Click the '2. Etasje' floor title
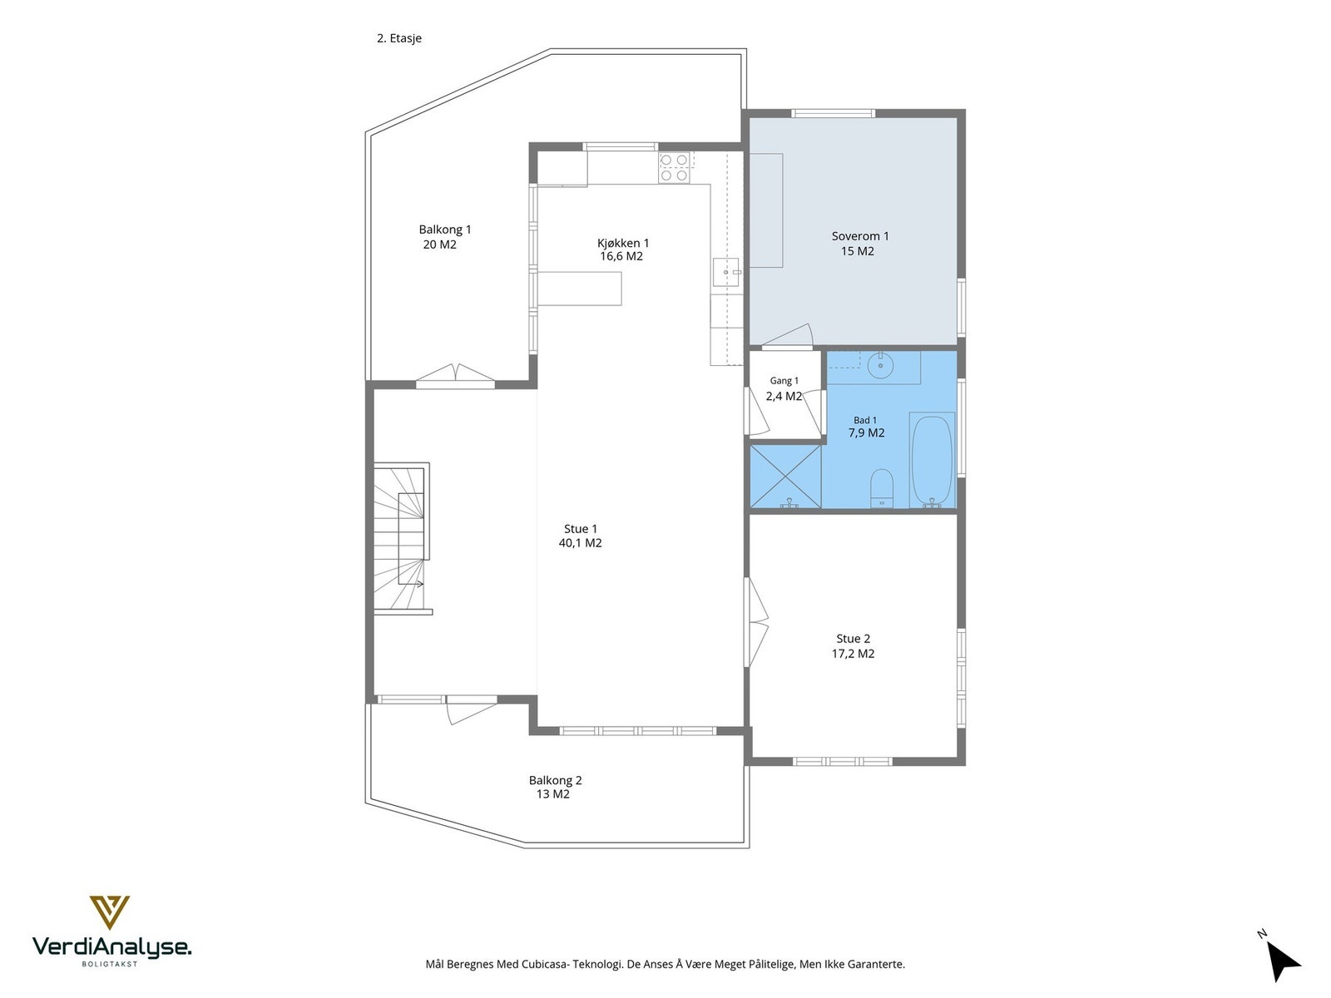[x=399, y=38]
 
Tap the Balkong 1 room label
[x=444, y=230]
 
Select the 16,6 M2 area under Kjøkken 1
[x=621, y=256]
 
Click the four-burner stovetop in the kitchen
[x=675, y=167]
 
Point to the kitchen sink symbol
[x=726, y=273]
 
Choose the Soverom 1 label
[x=860, y=236]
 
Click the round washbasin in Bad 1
[x=880, y=365]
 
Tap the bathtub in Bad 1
[x=932, y=460]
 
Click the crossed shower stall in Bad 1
[x=786, y=477]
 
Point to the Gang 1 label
[x=784, y=381]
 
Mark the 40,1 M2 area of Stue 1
[x=581, y=543]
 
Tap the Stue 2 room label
[x=854, y=639]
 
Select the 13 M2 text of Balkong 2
[x=553, y=794]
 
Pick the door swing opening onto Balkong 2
[x=472, y=709]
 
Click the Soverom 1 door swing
[x=787, y=336]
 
